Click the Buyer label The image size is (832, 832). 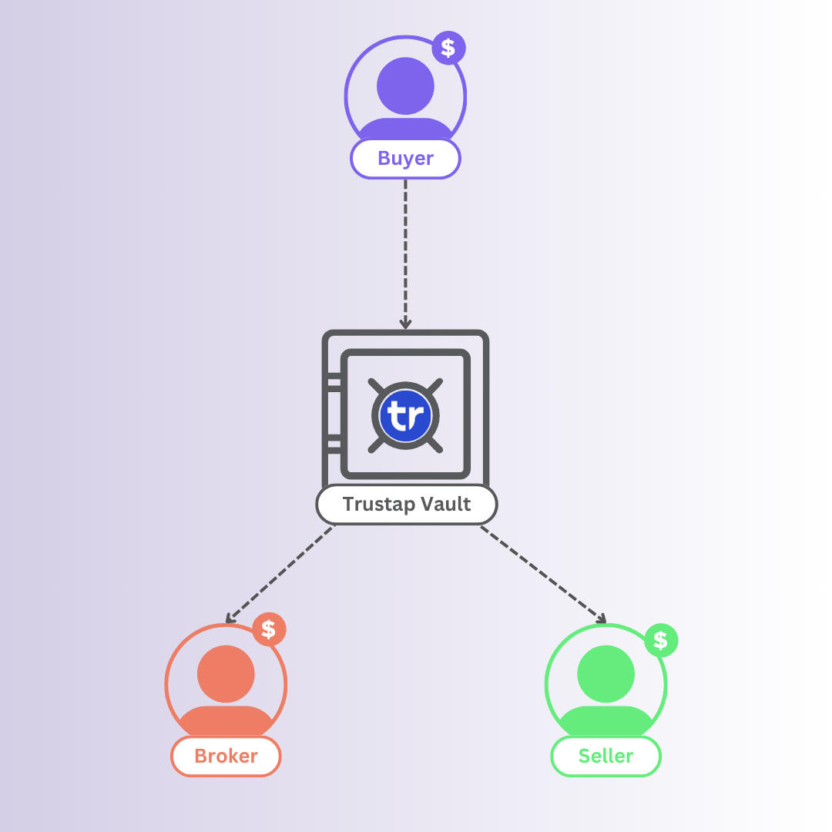(x=405, y=159)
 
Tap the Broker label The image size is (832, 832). (x=226, y=756)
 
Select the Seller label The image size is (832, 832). (x=606, y=756)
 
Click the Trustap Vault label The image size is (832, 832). (x=407, y=505)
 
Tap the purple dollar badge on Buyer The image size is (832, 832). (x=448, y=49)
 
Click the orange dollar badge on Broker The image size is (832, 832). (x=269, y=629)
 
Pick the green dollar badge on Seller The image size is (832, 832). (x=660, y=640)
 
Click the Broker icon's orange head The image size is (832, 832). (x=226, y=673)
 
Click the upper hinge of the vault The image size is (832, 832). (x=334, y=382)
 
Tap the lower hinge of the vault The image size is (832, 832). (x=334, y=445)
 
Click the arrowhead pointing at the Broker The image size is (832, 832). (x=229, y=618)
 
